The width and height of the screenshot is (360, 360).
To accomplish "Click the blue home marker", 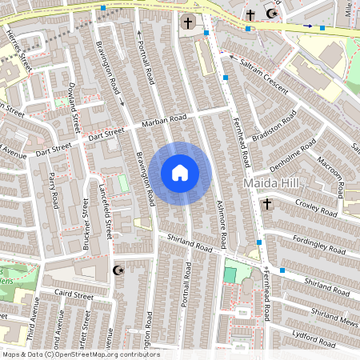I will coord(180,173).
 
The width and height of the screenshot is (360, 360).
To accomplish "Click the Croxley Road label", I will coord(317,206).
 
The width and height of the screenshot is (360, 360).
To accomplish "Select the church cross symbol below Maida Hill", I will coord(266,206).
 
